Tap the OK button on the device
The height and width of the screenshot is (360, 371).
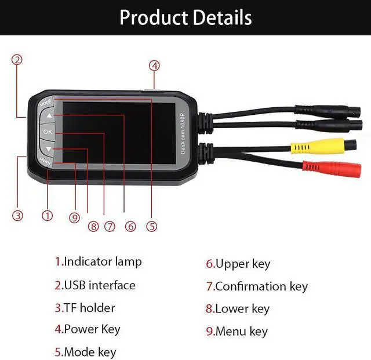48,132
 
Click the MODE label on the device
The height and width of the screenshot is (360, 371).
46,102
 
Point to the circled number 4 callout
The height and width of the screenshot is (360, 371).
154,66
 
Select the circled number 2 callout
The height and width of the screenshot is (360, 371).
17,60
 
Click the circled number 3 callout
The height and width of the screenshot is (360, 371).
18,216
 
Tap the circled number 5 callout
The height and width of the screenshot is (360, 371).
152,227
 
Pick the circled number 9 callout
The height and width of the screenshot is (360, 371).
74,217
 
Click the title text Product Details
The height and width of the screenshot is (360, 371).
185,17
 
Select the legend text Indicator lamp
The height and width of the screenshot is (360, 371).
102,261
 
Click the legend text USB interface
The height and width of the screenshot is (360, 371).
99,285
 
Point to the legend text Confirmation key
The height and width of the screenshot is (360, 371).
261,286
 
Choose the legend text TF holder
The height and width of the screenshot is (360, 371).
89,308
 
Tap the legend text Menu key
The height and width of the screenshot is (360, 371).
241,332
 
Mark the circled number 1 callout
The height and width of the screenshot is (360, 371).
48,216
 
